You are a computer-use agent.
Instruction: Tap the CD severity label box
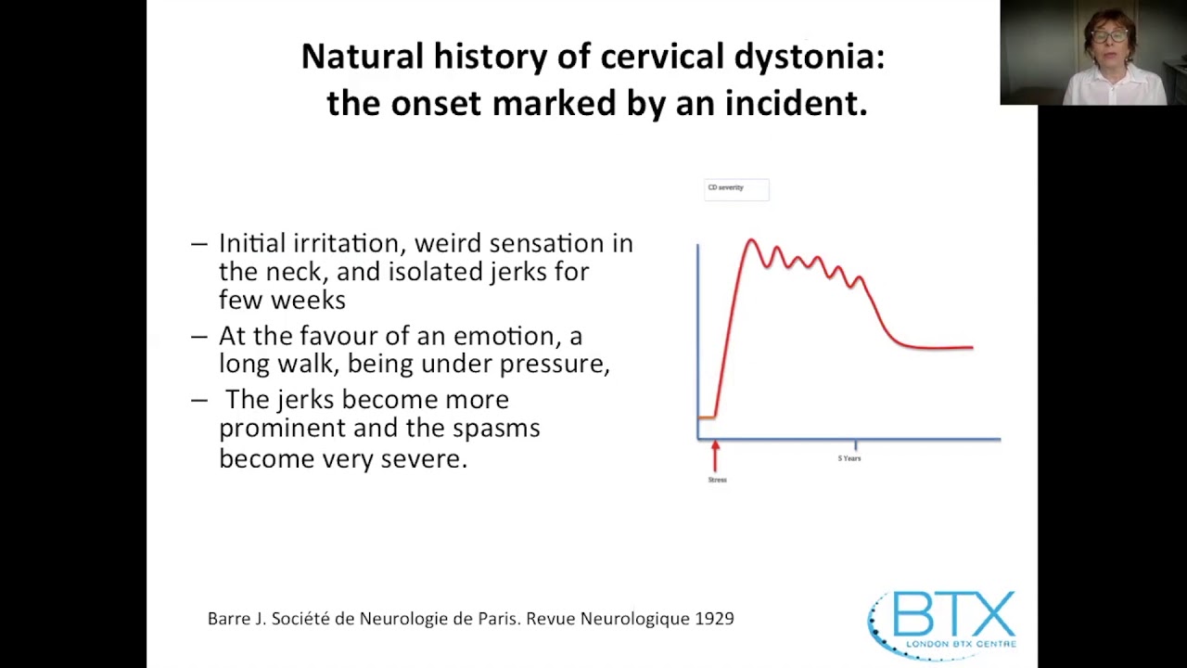tap(736, 189)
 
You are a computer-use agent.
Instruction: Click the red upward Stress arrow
tap(715, 456)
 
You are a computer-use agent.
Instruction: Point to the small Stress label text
tap(717, 480)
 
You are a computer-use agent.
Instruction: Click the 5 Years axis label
tap(849, 458)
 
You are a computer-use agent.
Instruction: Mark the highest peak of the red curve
tap(751, 241)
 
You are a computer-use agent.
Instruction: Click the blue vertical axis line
tap(697, 334)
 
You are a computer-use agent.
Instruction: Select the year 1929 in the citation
tap(714, 618)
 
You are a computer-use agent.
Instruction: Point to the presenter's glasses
tap(1109, 36)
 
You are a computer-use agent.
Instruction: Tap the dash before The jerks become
tap(198, 400)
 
